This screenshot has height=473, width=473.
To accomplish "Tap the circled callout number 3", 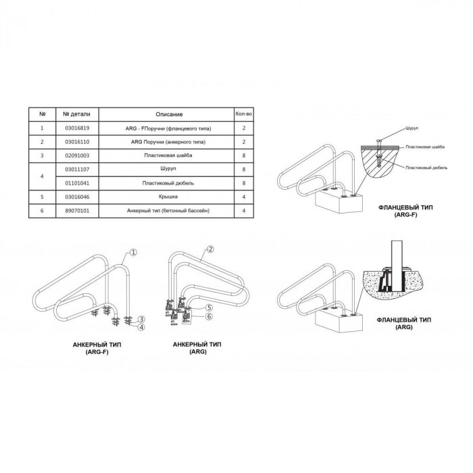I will point(142,319).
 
